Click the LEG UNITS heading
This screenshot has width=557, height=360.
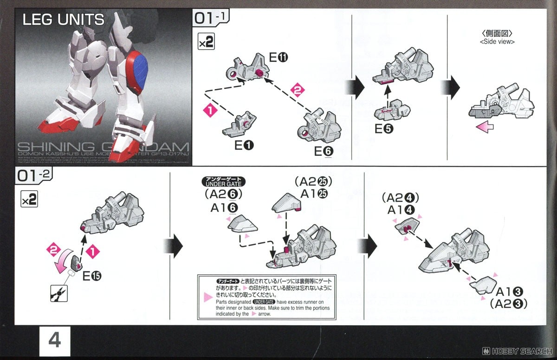pyautogui.click(x=64, y=20)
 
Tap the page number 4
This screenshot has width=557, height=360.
pyautogui.click(x=54, y=341)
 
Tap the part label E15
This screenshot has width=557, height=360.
pyautogui.click(x=92, y=276)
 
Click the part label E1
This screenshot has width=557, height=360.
pyautogui.click(x=244, y=146)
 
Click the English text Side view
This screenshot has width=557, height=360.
pyautogui.click(x=497, y=42)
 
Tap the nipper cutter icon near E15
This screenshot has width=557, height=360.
pyautogui.click(x=60, y=292)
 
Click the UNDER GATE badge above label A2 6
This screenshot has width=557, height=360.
pyautogui.click(x=223, y=182)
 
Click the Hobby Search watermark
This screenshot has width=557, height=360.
pyautogui.click(x=515, y=351)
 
